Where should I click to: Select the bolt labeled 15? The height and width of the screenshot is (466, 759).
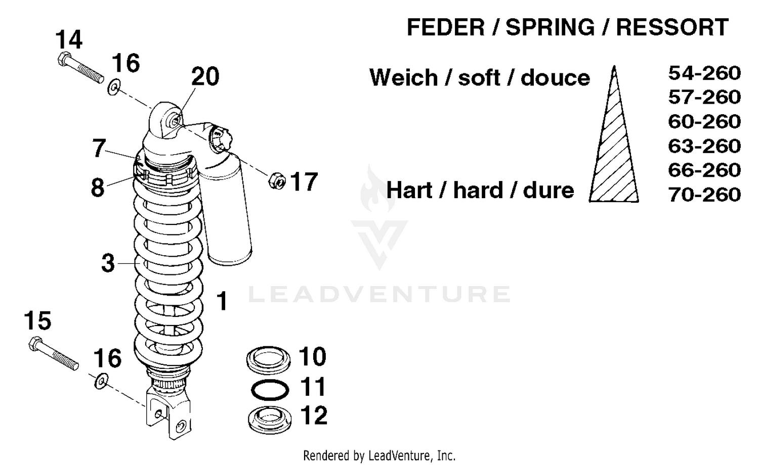pos(53,353)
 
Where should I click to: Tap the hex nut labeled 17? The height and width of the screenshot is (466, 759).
pos(277,180)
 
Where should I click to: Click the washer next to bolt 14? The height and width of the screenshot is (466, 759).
pos(114,87)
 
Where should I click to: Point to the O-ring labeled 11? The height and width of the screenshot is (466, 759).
pos(270,389)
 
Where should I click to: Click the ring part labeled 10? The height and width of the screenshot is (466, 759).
pos(269,359)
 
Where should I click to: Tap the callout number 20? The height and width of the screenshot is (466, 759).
pos(205,77)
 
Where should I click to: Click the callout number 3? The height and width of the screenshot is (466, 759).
pos(108,263)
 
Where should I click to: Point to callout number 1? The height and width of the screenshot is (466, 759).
pos(222,301)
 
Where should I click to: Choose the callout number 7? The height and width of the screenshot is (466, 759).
pos(99,148)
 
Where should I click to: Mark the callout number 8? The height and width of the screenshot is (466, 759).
pos(98,188)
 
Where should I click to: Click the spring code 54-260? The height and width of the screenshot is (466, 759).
pos(704,73)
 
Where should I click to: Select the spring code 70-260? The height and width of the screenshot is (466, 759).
pos(704,195)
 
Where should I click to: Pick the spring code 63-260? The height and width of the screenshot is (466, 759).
pos(704,146)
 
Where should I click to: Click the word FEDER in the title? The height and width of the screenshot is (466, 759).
pos(445,27)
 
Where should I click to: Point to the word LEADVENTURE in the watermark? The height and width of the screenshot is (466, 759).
pos(379,294)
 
